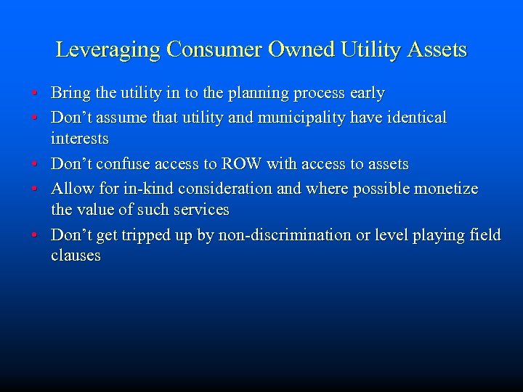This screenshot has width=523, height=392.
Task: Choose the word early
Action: (367, 94)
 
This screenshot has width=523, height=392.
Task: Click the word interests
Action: (79, 139)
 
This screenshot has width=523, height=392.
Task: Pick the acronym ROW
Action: (238, 165)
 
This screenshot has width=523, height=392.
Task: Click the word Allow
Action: (70, 189)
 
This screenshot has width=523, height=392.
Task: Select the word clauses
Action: (76, 256)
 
